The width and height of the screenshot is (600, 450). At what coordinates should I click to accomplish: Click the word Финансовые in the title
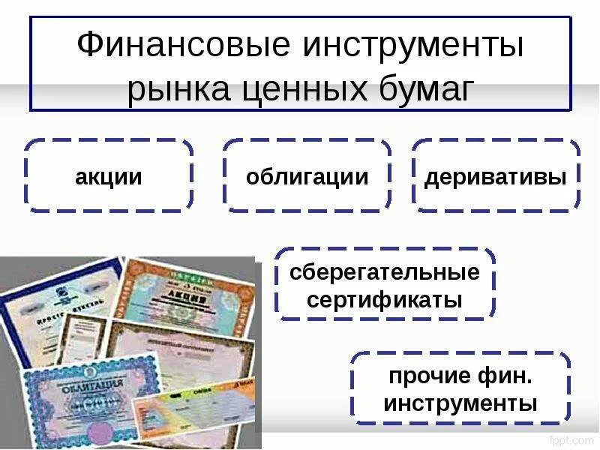pos(183,46)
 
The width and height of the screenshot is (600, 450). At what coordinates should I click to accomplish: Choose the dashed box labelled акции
pos(109,176)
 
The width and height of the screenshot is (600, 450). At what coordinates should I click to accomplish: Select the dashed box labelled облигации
pos(307,176)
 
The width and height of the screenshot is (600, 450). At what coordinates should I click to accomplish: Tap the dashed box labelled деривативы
pos(496,176)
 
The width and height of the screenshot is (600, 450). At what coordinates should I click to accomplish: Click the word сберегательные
pos(385,271)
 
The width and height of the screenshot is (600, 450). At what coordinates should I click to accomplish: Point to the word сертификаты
pos(385,301)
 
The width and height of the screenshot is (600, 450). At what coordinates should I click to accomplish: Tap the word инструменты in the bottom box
pos(460,403)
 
